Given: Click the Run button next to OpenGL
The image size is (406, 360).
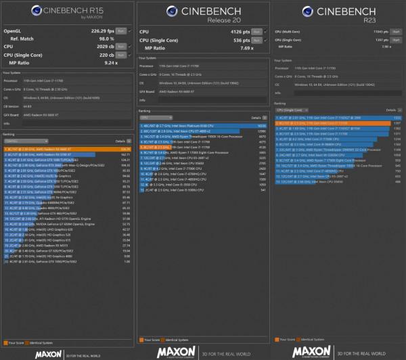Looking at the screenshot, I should pyautogui.click(x=120, y=30).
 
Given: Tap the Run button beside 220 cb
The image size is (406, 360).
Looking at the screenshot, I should pyautogui.click(x=120, y=55).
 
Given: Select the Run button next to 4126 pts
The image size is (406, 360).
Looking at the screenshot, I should pyautogui.click(x=256, y=30).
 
